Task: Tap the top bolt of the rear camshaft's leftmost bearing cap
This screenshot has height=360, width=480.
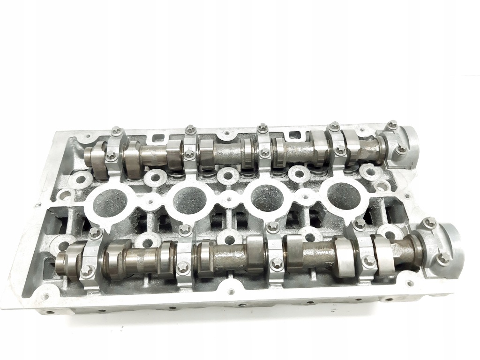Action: point(117,131)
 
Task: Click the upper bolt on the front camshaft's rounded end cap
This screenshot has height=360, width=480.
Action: point(429,222)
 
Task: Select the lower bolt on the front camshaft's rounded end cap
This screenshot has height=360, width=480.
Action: point(442,257)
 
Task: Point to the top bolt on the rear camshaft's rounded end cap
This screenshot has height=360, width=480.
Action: point(392,124)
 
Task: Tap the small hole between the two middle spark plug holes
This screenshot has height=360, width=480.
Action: point(229,199)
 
